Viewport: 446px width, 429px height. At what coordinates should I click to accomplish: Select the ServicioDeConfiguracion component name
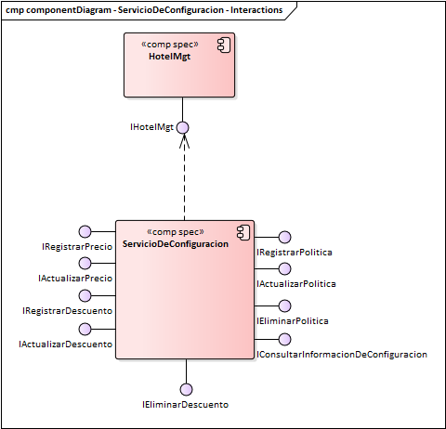coord(176,243)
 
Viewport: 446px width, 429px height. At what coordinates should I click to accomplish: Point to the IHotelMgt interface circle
coord(183,126)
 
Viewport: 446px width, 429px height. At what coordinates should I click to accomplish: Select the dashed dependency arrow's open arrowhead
coord(183,141)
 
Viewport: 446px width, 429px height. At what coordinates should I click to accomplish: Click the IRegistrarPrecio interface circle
coord(85,231)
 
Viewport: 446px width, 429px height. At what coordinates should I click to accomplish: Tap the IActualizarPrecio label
coord(75,278)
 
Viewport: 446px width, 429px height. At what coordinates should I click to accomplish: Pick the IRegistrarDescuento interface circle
coord(85,296)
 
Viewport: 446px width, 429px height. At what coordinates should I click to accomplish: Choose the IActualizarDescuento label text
coord(66,344)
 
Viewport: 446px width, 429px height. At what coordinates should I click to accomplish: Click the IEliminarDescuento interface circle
coord(186,389)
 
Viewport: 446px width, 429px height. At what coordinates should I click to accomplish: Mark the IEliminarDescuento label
coord(185,405)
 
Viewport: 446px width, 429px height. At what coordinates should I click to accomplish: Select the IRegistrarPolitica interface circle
coord(284,238)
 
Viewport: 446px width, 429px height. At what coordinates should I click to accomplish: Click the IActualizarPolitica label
coord(296,283)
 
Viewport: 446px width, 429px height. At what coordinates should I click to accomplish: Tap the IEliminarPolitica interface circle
coord(284,305)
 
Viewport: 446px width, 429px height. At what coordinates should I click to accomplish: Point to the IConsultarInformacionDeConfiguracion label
coord(341,354)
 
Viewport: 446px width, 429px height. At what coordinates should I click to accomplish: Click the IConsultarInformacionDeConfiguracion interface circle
coord(284,340)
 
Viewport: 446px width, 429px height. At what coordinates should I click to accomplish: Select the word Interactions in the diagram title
coord(258,10)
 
